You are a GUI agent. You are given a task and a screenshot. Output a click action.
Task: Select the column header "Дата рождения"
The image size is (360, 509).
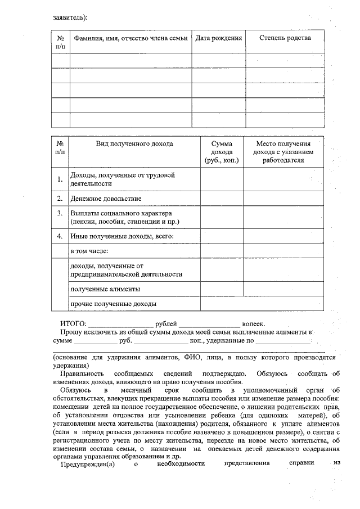[x=219, y=38]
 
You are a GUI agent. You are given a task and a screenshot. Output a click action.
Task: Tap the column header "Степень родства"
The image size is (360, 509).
[x=285, y=38]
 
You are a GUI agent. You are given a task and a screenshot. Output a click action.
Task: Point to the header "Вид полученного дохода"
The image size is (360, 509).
[x=134, y=144]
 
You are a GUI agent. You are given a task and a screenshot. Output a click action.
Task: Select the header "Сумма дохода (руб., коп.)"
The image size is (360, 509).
[x=221, y=152]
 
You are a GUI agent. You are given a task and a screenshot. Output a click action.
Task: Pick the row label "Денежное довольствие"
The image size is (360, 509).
[x=106, y=199]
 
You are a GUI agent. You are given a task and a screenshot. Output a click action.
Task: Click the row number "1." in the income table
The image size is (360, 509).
[x=60, y=179]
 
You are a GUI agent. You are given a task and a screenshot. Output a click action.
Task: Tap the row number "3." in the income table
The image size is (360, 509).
[x=60, y=214]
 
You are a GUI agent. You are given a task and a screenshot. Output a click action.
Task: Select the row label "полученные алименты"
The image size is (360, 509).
[x=105, y=289]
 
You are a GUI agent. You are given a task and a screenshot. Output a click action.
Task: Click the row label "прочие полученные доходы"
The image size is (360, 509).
[x=113, y=304]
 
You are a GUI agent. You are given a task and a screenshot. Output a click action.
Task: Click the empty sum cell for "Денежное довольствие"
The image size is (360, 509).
[x=221, y=199]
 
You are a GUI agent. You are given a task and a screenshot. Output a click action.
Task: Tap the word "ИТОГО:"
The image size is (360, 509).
[x=73, y=324]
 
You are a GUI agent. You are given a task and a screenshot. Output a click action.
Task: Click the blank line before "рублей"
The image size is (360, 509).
[x=120, y=325]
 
